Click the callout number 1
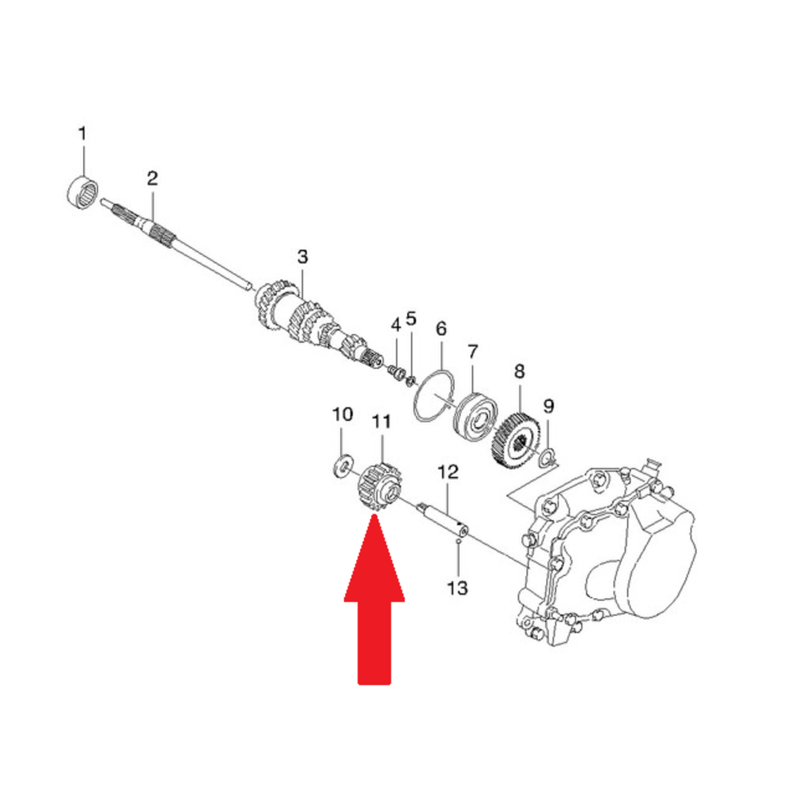[x=82, y=134]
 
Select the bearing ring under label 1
[x=82, y=191]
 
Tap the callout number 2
[x=153, y=178]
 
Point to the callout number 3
[x=302, y=256]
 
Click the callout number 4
[x=396, y=325]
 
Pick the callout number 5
[x=411, y=319]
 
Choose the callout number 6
[x=441, y=329]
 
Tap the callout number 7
[x=472, y=352]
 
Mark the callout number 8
[x=519, y=372]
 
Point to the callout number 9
[x=548, y=406]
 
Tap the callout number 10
[x=342, y=414]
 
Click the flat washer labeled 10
[x=343, y=467]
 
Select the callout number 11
[x=381, y=422]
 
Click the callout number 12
[x=448, y=472]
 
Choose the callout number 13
[x=457, y=588]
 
